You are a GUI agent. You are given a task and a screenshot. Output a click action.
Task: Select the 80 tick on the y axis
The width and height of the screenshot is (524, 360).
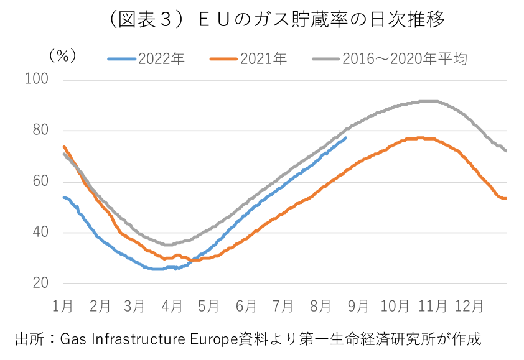point(41,131)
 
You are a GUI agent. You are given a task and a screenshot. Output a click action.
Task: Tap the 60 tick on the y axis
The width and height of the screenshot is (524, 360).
point(41,182)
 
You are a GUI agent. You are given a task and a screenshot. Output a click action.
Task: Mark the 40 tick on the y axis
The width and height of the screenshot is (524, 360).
point(41,233)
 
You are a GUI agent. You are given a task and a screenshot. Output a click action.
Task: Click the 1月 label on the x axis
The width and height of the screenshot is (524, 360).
point(63,306)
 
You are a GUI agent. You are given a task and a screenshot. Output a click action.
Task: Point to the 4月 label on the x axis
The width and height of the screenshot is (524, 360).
point(172,306)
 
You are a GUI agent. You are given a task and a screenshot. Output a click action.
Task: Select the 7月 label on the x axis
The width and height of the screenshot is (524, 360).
point(283,306)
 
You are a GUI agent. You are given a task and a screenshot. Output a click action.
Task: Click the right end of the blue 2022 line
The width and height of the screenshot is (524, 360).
point(346,138)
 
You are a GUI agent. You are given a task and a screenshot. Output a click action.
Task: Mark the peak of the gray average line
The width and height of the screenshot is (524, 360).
point(429,101)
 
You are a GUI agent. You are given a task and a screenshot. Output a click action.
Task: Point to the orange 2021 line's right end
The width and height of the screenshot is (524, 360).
point(506,198)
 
